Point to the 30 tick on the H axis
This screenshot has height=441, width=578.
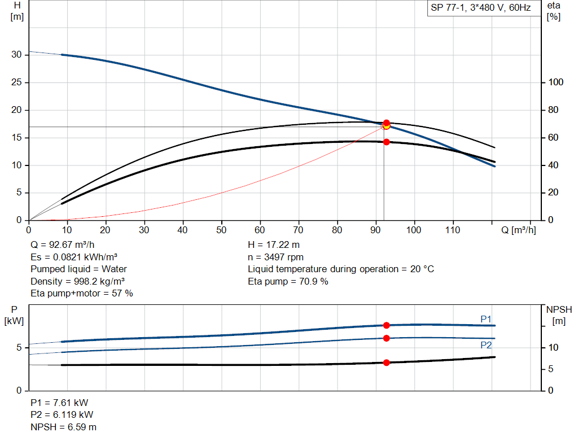coord(17,55)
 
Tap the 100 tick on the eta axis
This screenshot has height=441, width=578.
coord(557,82)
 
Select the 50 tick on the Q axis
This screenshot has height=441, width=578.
coord(221,230)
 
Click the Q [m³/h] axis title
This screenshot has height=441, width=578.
coord(518,230)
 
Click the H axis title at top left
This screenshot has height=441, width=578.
coord(17,11)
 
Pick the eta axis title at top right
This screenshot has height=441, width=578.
coord(553,11)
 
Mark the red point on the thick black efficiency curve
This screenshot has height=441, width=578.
coord(387,142)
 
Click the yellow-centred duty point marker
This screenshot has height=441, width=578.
coord(386,125)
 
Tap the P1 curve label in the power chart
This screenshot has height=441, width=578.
coord(486,320)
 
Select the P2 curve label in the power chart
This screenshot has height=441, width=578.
coord(486,345)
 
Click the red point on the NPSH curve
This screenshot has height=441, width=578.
coord(387,363)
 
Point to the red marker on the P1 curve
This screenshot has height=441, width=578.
coord(387,325)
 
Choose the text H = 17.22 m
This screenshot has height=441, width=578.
coord(274,245)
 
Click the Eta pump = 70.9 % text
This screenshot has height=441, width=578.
coord(288,281)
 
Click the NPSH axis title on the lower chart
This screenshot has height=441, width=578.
coord(559,315)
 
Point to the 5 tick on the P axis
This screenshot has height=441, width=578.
coord(19,348)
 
